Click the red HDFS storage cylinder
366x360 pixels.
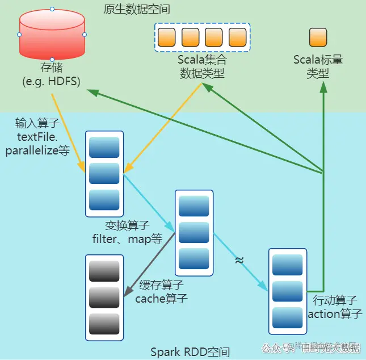tap(52, 34)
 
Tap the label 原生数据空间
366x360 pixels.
tap(137, 10)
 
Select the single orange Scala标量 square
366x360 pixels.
tap(318, 37)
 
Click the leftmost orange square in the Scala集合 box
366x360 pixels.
tap(166, 37)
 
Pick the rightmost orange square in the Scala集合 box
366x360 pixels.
tap(237, 37)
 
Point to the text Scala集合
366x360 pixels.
tap(202, 60)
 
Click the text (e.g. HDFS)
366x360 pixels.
tap(51, 81)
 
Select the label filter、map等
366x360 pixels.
tap(128, 239)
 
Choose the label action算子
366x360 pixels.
tap(335, 313)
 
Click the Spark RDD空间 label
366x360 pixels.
tap(190, 352)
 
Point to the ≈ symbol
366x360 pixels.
tap(239, 260)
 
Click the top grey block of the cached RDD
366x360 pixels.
tap(104, 271)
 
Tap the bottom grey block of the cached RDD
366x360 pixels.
tap(104, 323)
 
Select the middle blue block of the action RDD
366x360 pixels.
tap(287, 291)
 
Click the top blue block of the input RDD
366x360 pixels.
tap(104, 147)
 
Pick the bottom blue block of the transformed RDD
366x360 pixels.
tap(194, 258)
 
